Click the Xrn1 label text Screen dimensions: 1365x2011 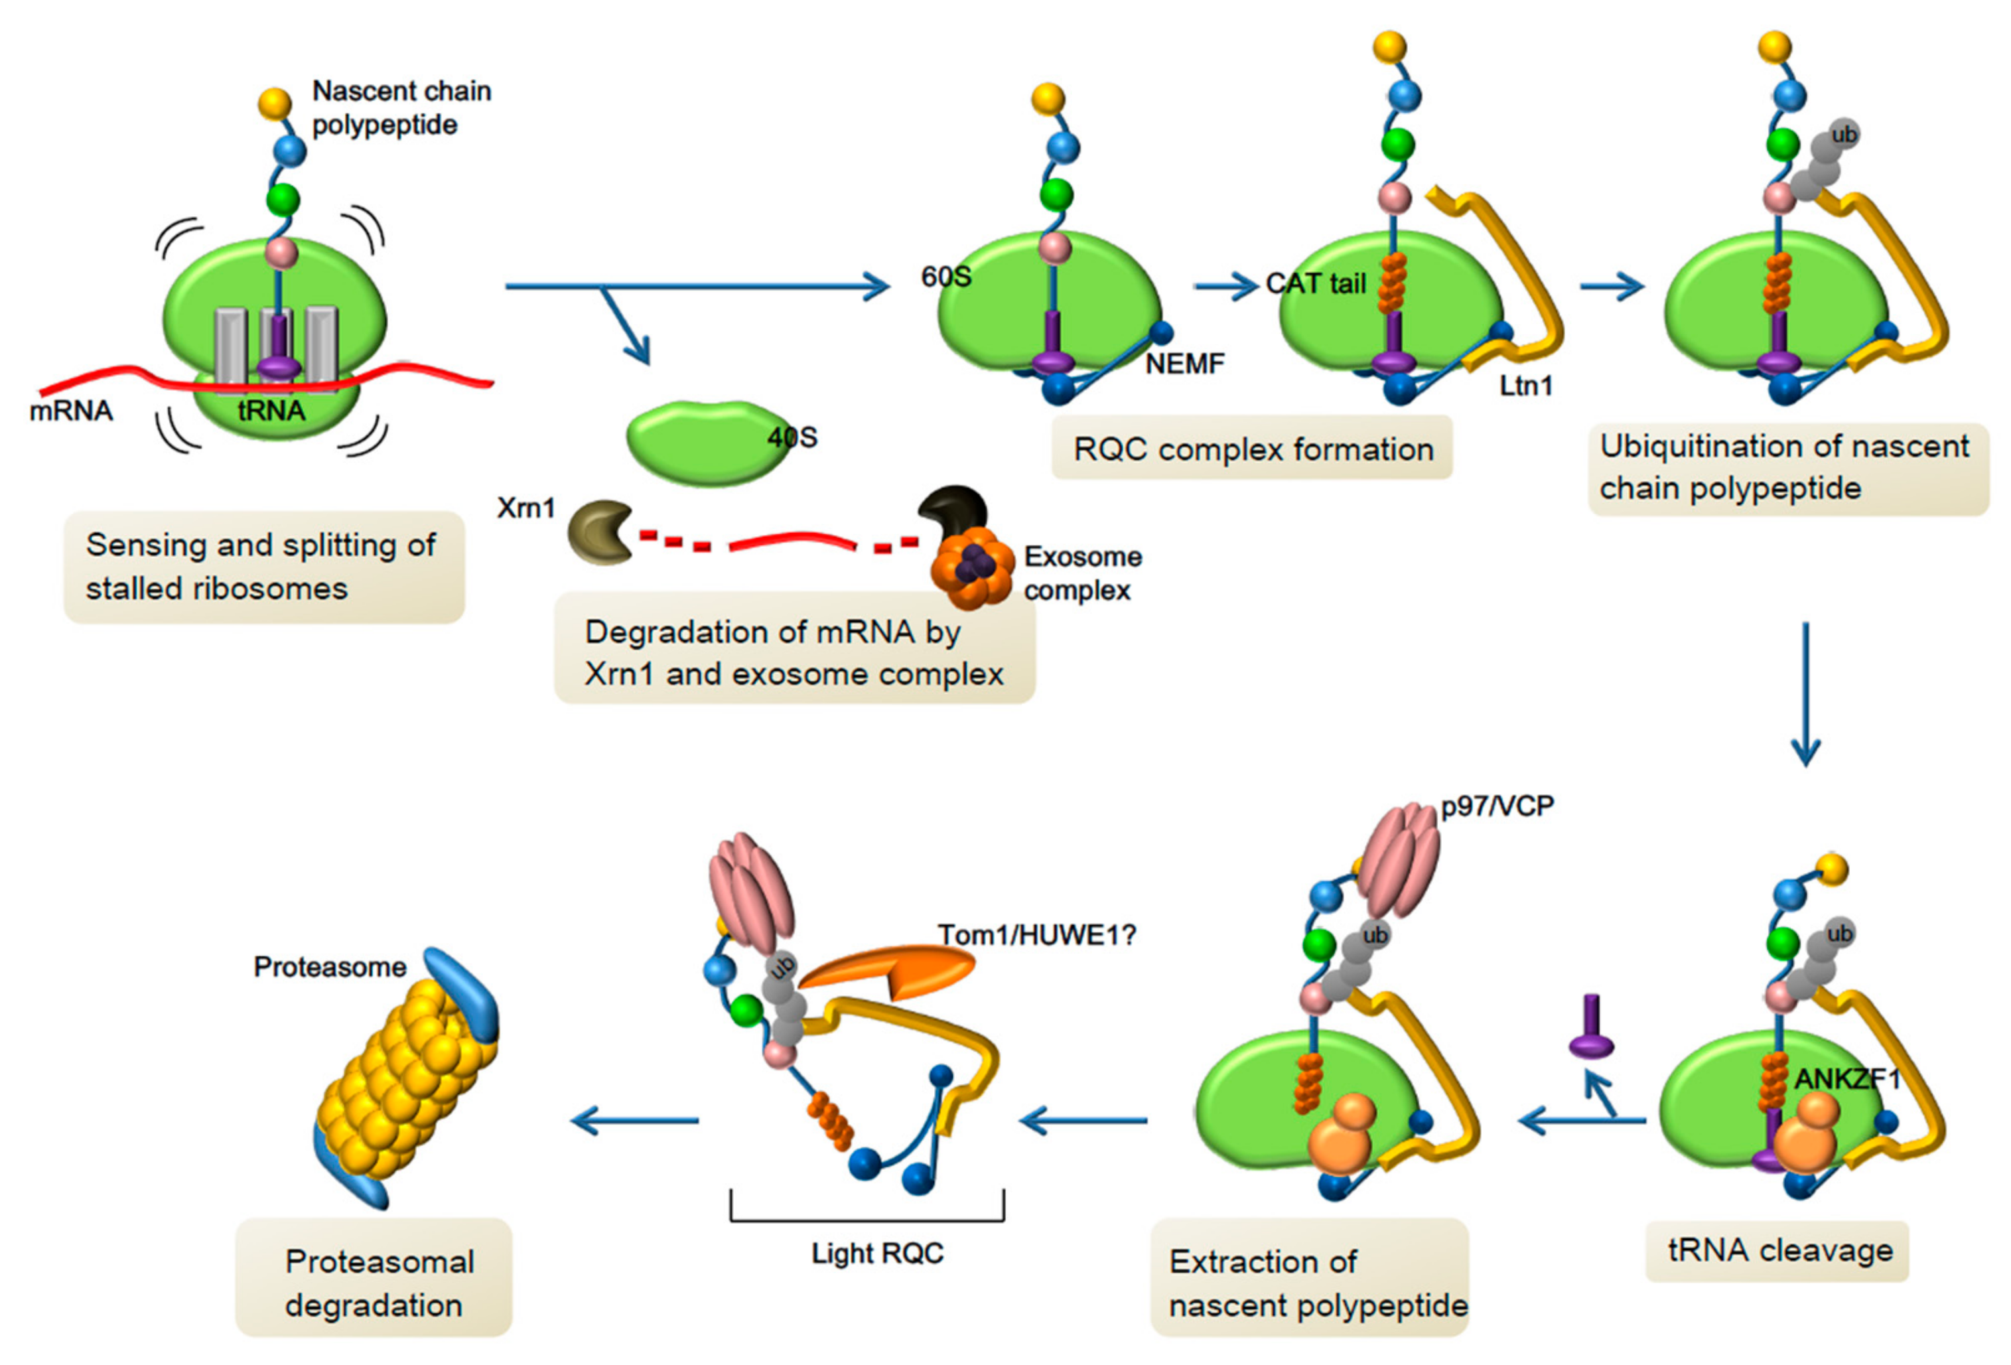(525, 508)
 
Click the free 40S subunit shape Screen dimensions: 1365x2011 (705, 441)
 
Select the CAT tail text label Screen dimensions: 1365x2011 (1314, 284)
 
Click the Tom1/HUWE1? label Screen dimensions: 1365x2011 (1036, 936)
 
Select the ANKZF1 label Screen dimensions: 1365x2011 (1846, 1080)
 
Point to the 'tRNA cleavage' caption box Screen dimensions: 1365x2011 (1777, 1251)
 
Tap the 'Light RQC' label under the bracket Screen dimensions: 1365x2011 (876, 1254)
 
